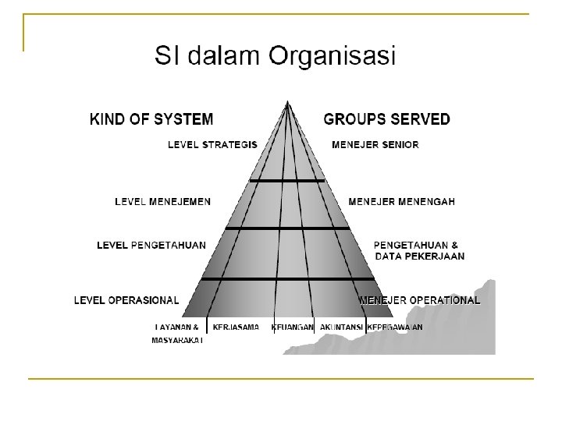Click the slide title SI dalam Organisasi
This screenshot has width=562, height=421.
[x=276, y=56]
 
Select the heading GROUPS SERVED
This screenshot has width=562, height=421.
[x=386, y=119]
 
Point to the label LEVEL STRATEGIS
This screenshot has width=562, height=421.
[x=213, y=144]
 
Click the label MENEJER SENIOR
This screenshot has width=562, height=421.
[x=375, y=144]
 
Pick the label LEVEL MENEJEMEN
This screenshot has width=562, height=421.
[x=162, y=201]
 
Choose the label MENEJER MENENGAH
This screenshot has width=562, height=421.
[x=402, y=201]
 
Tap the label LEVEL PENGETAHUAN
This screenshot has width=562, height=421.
[x=151, y=245]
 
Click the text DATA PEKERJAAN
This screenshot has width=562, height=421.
[x=420, y=256]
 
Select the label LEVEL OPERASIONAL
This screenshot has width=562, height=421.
[x=126, y=299]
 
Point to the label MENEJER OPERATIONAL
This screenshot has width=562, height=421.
[x=420, y=299]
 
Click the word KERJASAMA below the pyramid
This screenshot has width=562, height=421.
[x=236, y=327]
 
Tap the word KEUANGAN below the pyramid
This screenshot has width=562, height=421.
[x=293, y=327]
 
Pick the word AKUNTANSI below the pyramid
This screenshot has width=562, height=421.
[x=341, y=327]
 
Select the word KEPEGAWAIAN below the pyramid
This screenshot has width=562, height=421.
[x=394, y=327]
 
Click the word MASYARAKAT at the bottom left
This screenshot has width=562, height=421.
[x=177, y=340]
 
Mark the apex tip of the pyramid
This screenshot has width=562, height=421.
[x=288, y=101]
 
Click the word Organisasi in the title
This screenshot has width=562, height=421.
[x=333, y=56]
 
